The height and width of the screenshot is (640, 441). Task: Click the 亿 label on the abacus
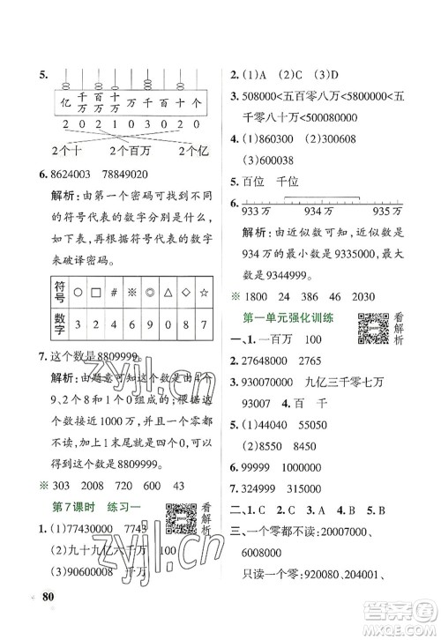[64, 102]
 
